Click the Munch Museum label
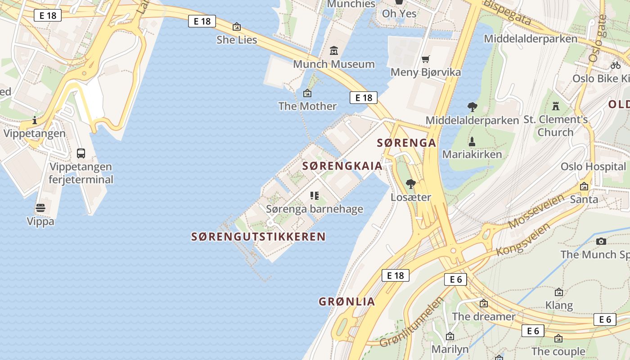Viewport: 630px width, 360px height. coord(333,64)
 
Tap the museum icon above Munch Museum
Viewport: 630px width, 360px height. coord(333,50)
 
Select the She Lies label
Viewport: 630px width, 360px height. coord(237,40)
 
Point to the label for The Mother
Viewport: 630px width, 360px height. coord(307,106)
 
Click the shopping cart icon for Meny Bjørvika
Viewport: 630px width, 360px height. coord(425,59)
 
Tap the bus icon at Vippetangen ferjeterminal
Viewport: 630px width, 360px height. coord(81,153)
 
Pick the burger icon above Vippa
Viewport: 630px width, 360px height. coord(40,208)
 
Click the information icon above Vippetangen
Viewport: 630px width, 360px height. coord(35,120)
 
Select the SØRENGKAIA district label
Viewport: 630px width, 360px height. coord(342,166)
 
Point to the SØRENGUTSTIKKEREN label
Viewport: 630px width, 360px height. coord(258,237)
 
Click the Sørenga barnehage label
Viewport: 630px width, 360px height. coord(315,209)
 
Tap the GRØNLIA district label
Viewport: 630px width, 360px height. coord(346,301)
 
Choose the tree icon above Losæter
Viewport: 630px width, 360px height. coord(410,184)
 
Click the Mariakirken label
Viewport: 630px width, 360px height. coord(472,154)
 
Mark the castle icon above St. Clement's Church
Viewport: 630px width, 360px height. coord(556,106)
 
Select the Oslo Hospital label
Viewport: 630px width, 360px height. coord(593,166)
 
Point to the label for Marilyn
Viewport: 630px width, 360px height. coord(450,349)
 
